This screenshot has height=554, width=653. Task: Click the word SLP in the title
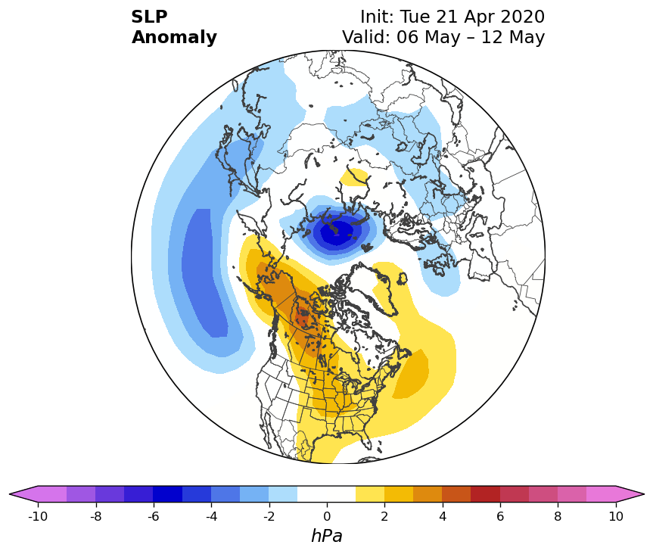149,17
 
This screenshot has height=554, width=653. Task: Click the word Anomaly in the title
174,38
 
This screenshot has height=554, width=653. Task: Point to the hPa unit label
327,536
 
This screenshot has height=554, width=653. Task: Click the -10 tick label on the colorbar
38,516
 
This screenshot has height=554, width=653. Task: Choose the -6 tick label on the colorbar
154,516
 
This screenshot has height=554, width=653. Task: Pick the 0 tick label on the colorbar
327,516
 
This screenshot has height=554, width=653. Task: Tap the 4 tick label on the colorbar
443,516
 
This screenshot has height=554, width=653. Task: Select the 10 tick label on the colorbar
616,516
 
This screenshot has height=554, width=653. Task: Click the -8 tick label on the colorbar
96,516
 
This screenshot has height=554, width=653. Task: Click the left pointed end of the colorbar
10,494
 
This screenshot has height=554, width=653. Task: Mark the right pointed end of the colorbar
644,494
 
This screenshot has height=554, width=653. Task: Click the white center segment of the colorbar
327,494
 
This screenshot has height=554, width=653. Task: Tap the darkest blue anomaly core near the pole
337,232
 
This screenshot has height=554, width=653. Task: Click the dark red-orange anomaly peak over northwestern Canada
303,319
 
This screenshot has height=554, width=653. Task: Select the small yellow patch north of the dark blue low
354,177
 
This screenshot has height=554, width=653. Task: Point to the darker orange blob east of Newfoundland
412,375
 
